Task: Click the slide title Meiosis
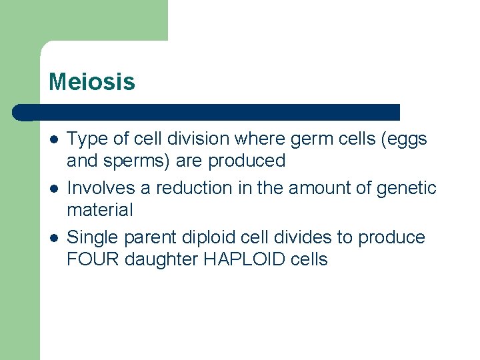(x=91, y=83)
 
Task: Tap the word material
(x=100, y=210)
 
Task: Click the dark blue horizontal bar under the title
(x=207, y=112)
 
